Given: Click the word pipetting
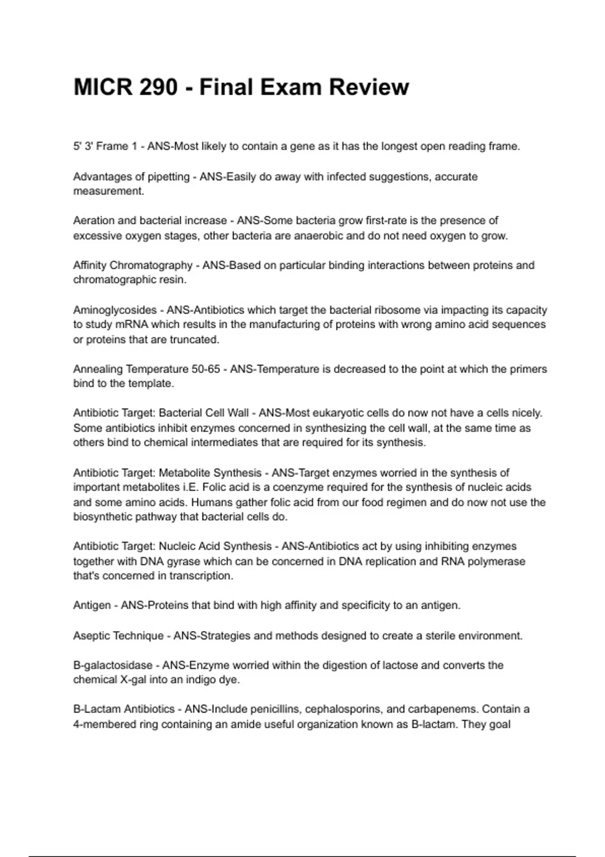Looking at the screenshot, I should point(169,177).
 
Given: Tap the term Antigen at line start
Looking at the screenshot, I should point(92,605).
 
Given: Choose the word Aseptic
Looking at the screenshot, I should point(91,636).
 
